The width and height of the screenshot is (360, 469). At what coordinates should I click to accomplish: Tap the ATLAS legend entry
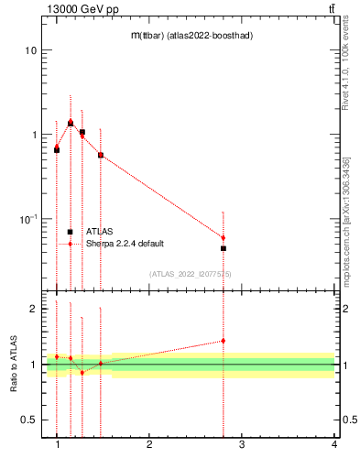(x=100, y=232)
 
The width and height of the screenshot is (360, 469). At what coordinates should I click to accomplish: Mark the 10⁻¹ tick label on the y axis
(x=27, y=219)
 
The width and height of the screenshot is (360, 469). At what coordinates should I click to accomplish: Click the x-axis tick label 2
(x=149, y=446)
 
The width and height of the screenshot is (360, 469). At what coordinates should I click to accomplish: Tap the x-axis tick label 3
(x=242, y=446)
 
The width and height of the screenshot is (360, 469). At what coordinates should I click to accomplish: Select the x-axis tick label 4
(x=334, y=446)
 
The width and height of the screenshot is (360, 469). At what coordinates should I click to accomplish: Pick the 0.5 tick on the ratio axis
(x=28, y=420)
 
